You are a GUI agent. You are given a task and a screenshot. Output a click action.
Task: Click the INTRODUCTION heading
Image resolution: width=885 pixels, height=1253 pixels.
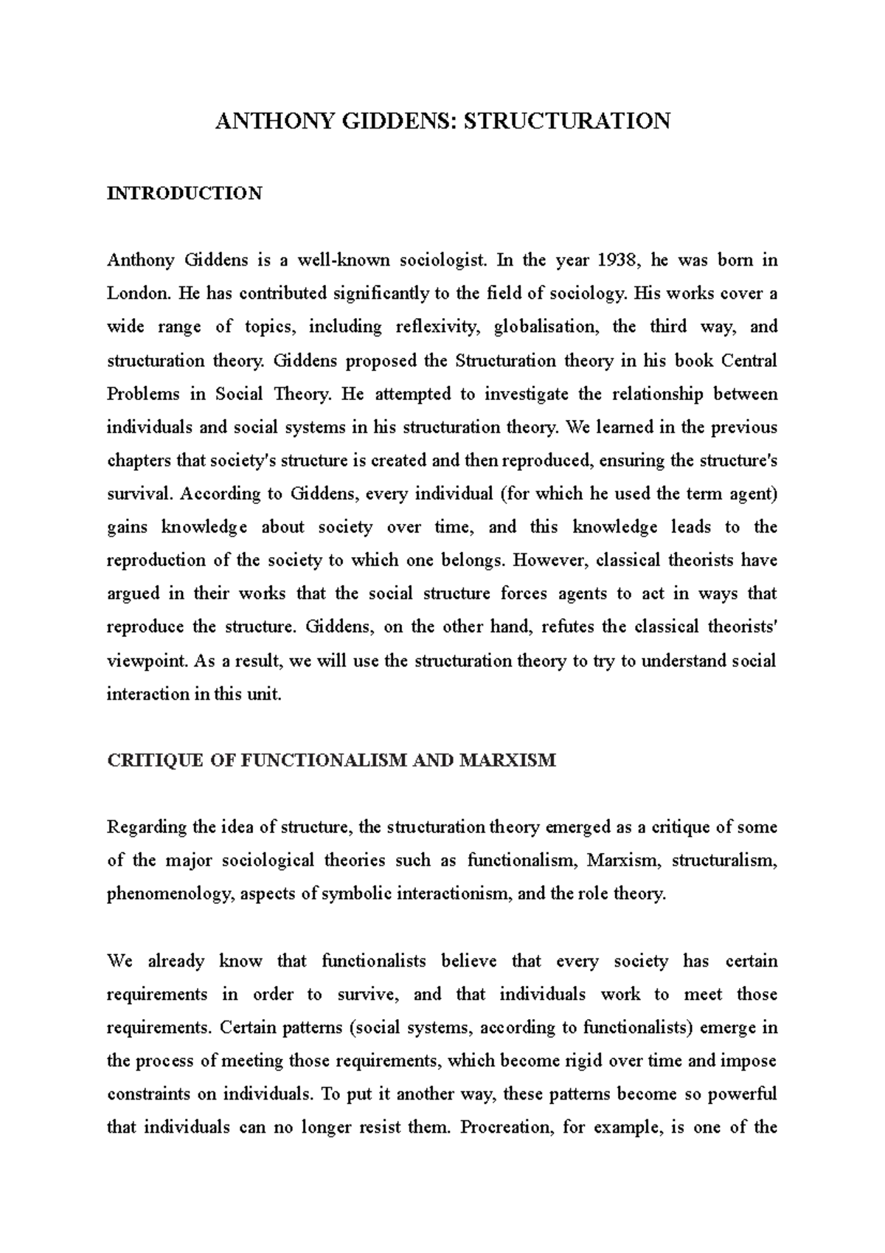pyautogui.click(x=184, y=193)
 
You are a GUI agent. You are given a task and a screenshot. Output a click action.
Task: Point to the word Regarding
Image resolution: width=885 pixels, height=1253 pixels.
pyautogui.click(x=147, y=827)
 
